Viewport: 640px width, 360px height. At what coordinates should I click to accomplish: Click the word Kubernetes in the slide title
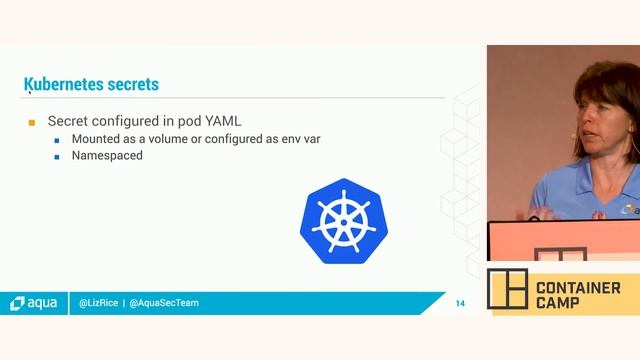coord(62,84)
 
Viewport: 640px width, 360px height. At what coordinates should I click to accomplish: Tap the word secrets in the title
coord(131,84)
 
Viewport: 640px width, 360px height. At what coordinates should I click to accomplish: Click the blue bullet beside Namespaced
coord(58,157)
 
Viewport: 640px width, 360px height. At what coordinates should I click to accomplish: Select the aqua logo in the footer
coord(33,302)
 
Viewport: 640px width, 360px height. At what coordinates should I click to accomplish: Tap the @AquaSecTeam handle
coord(164,302)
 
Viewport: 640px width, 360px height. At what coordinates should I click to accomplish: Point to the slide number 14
coord(460,303)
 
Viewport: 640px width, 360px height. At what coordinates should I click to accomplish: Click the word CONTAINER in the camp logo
coord(577,288)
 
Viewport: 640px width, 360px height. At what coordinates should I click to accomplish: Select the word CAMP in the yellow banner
coord(558,304)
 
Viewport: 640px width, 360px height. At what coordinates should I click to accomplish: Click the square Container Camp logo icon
coord(507,289)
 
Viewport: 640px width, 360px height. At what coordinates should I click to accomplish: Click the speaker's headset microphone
coord(574,133)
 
